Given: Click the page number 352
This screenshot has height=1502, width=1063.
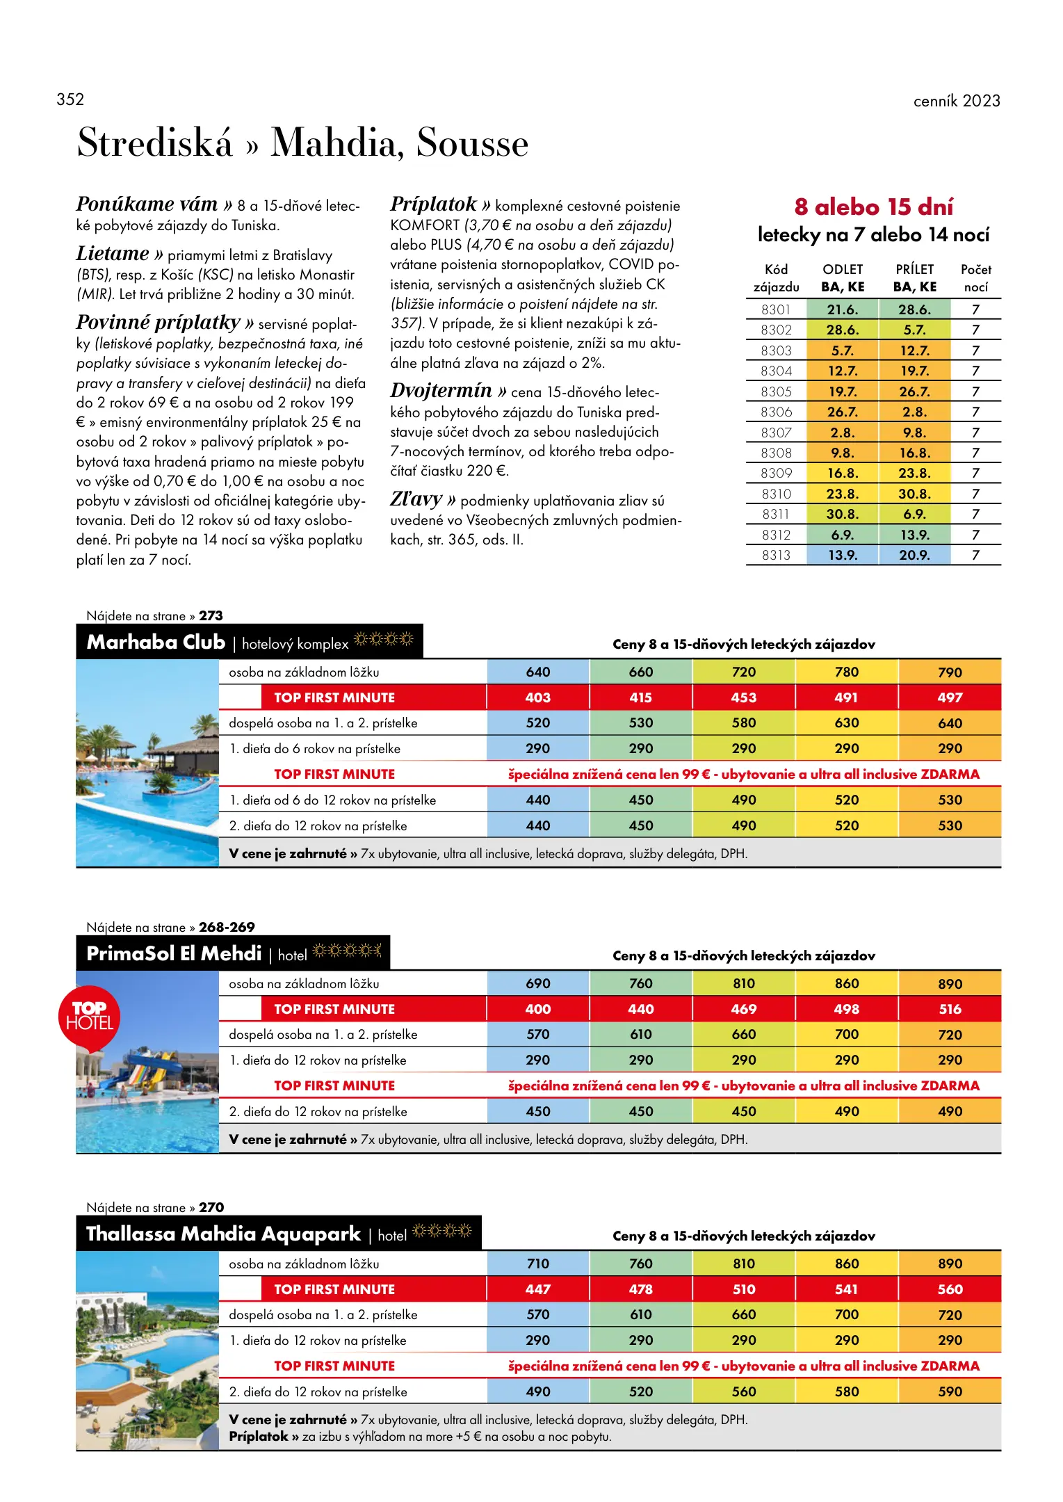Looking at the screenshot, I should (x=70, y=99).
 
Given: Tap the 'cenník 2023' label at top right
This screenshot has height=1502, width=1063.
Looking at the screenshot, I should (x=956, y=101).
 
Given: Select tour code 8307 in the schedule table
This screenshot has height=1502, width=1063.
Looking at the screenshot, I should (x=776, y=433).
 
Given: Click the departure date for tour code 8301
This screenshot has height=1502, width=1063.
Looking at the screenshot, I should (x=842, y=309).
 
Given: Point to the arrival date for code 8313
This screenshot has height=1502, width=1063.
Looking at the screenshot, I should (x=914, y=555).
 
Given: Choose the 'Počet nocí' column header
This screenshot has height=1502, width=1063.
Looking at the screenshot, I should (x=975, y=278).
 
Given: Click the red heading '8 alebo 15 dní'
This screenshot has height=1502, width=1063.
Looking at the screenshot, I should (x=873, y=207).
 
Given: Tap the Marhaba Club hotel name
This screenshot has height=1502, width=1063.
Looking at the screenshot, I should (x=156, y=642).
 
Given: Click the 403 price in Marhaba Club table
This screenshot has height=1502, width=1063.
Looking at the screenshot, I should (x=537, y=697).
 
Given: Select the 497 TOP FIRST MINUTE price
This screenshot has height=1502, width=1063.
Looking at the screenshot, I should (x=950, y=697).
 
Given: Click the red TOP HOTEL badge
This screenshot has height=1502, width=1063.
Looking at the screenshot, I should (x=89, y=1016).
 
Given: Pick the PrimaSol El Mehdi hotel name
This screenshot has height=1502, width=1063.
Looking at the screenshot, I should (x=174, y=953).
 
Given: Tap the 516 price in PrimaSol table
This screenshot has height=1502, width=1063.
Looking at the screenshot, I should (x=950, y=1009).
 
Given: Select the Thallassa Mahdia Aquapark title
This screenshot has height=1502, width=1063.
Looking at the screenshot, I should (x=223, y=1234).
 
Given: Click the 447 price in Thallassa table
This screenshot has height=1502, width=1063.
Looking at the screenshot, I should (x=537, y=1289).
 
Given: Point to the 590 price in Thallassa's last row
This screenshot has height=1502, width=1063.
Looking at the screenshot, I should (x=950, y=1391).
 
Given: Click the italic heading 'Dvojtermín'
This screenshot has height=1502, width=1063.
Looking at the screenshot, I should (x=441, y=391).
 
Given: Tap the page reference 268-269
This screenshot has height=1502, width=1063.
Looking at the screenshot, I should (x=227, y=927).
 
